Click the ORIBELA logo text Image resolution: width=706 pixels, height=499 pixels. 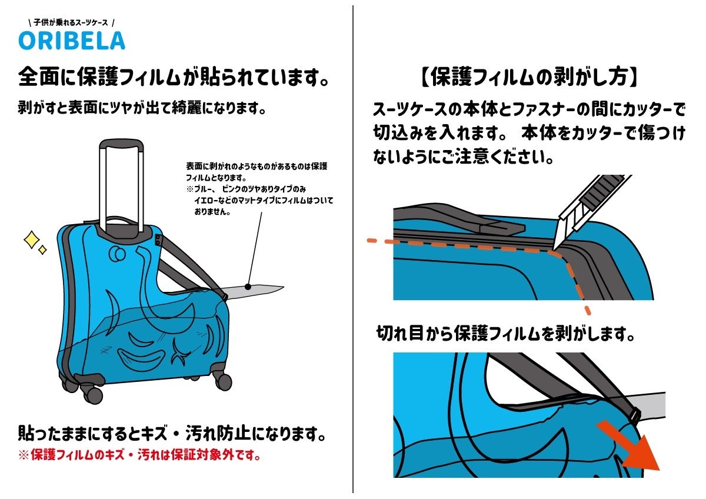pyautogui.click(x=72, y=40)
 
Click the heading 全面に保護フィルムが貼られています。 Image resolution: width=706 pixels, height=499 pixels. pyautogui.click(x=173, y=76)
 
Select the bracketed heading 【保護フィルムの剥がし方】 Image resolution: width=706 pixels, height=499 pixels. pyautogui.click(x=529, y=76)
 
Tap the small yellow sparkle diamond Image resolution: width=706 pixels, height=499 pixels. pyautogui.click(x=42, y=250)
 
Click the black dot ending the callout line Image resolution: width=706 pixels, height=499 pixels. pyautogui.click(x=248, y=287)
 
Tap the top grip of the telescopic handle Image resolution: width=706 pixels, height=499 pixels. pyautogui.click(x=121, y=145)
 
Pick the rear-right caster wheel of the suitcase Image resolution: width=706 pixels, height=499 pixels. pyautogui.click(x=222, y=381)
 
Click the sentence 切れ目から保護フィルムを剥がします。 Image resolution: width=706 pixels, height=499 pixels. pyautogui.click(x=505, y=334)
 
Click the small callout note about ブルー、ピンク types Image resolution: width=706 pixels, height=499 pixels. pyautogui.click(x=259, y=189)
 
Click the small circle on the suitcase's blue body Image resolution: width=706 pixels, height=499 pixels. pyautogui.click(x=116, y=255)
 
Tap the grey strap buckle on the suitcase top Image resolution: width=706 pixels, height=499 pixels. pyautogui.click(x=159, y=241)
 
